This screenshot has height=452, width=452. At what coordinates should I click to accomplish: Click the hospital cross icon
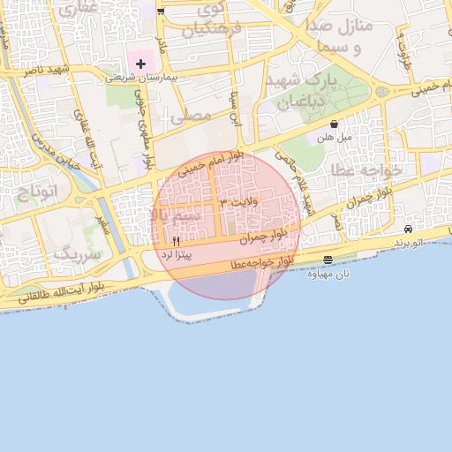tap(140, 64)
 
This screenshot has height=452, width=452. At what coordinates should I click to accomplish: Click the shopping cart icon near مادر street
tap(160, 11)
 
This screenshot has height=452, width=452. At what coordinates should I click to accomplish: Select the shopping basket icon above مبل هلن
tap(334, 124)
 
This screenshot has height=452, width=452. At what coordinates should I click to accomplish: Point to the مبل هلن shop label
tap(334, 138)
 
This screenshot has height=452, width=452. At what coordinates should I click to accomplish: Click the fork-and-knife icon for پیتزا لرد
tap(177, 241)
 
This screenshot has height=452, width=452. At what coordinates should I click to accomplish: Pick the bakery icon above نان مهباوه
tap(328, 260)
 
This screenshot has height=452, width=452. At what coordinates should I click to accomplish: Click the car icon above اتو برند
tap(408, 229)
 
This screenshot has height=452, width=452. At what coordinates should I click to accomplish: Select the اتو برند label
tap(408, 241)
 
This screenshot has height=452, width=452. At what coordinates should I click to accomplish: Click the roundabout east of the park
tap(382, 91)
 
